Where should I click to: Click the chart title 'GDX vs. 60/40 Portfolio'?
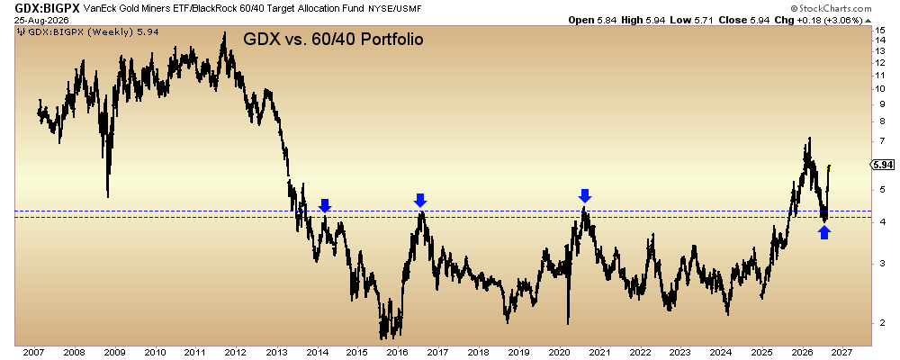click(334, 40)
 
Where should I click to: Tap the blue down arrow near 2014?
click(325, 205)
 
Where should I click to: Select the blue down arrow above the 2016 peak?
click(420, 201)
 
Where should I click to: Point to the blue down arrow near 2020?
click(585, 196)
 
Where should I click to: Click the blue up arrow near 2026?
click(824, 232)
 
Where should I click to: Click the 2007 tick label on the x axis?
click(33, 351)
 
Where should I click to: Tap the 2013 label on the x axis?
click(276, 351)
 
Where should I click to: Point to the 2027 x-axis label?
click(842, 351)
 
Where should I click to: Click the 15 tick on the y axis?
click(878, 30)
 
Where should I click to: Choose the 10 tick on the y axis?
click(878, 88)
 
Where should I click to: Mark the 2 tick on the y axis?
click(877, 323)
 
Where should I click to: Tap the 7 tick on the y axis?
click(877, 140)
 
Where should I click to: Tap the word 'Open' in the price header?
click(580, 20)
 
